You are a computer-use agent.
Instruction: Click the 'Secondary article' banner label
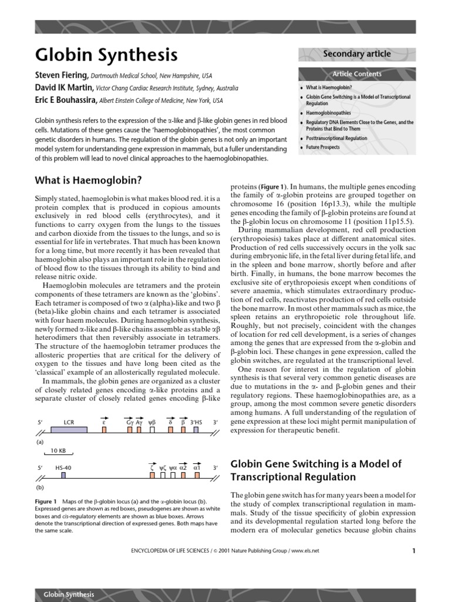pyautogui.click(x=356, y=54)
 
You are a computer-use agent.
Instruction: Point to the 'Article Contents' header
pyautogui.click(x=356, y=74)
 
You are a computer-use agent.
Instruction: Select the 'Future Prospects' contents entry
pyautogui.click(x=322, y=147)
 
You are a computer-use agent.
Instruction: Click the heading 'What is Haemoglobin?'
pyautogui.click(x=89, y=180)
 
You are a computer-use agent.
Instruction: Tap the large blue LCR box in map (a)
pyautogui.click(x=69, y=430)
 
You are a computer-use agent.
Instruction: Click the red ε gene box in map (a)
pyautogui.click(x=104, y=430)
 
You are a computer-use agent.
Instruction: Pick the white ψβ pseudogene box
pyautogui.click(x=152, y=430)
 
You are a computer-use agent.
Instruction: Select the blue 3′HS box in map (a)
pyautogui.click(x=196, y=430)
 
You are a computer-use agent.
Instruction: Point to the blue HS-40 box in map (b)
pyautogui.click(x=63, y=475)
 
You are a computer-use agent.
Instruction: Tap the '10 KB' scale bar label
pyautogui.click(x=58, y=450)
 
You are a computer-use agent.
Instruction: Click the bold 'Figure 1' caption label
pyautogui.click(x=46, y=501)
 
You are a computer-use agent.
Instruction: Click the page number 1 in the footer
pyautogui.click(x=414, y=551)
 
